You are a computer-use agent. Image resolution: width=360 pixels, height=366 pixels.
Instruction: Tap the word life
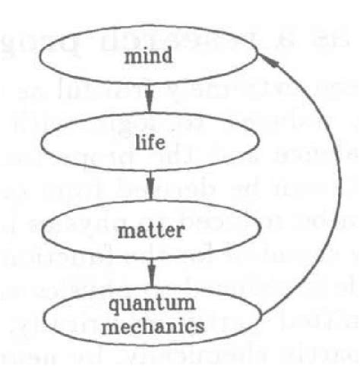pos(153,141)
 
